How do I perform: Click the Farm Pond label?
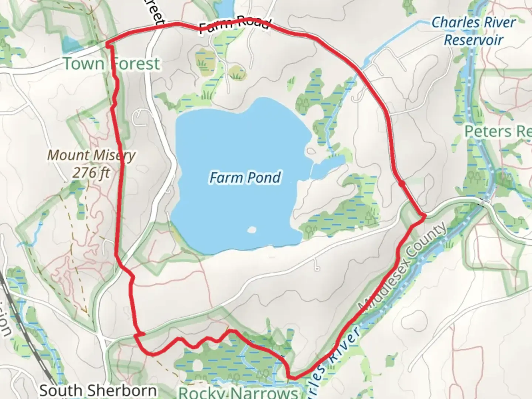[245, 178]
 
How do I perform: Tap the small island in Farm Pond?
[252, 230]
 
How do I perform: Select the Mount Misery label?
[91, 156]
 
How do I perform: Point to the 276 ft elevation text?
[91, 172]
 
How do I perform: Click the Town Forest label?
[112, 64]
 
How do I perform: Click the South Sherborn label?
[98, 390]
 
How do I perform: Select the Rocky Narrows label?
[239, 392]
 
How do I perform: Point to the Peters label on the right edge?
[497, 131]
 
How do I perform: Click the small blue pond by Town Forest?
[71, 44]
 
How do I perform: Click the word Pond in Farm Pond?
[265, 178]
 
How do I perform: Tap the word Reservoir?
[474, 39]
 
